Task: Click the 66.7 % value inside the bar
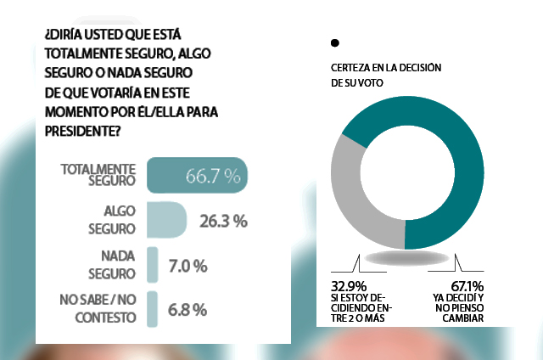pos(213,176)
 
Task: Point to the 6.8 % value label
pos(186,309)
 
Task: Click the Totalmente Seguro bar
pos(197,176)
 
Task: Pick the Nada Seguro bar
pos(153,265)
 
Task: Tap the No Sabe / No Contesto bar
pos(153,309)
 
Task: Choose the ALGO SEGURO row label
pos(111,221)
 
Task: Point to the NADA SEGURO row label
pos(111,266)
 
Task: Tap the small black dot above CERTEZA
pos(335,42)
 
